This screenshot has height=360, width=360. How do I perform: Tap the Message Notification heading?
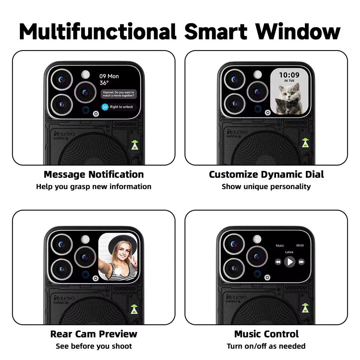point(94,174)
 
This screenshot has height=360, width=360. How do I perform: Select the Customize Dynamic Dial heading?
point(266,174)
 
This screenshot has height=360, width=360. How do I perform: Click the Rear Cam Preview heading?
point(94,334)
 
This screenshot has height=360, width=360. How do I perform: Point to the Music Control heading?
point(266,334)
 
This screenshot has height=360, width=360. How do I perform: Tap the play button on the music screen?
point(289,262)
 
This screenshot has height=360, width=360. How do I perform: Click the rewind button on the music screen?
point(278,262)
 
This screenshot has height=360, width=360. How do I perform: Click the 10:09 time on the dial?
point(289,75)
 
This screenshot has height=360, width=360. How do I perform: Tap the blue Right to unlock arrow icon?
point(105,107)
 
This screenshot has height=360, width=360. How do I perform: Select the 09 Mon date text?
point(109,76)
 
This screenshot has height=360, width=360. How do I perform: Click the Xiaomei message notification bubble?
point(118,94)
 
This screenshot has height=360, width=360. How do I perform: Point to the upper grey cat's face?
point(291,91)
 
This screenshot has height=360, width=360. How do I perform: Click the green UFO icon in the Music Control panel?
point(305,308)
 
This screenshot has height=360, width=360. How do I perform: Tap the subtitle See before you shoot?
point(94,346)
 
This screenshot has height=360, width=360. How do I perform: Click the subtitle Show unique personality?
point(266,187)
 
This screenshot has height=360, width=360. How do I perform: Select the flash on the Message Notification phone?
point(85,74)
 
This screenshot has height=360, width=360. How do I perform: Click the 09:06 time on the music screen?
point(300,246)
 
